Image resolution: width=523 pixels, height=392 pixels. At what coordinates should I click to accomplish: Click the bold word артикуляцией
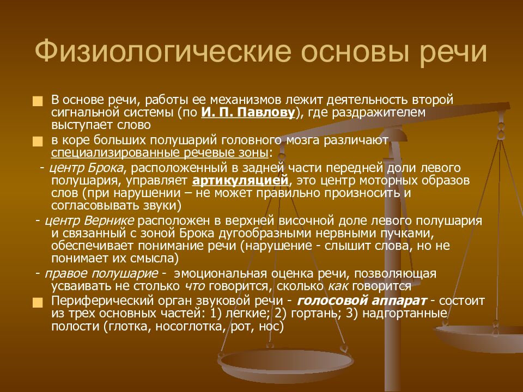coord(240,181)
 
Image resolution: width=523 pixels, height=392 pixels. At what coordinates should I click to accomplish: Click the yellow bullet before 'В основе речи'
coord(37,101)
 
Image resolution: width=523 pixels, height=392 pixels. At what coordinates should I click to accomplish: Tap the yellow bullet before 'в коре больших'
coord(37,141)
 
